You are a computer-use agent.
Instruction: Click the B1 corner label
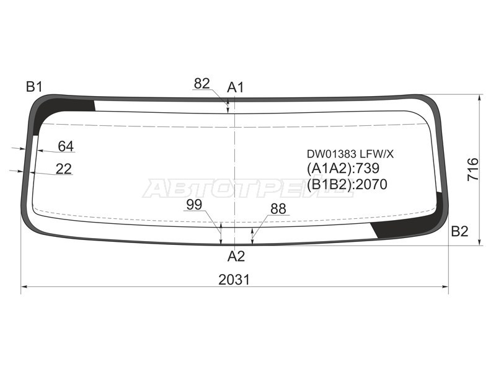[34, 86]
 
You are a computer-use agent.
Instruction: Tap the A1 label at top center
[236, 87]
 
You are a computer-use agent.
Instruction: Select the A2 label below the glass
[236, 256]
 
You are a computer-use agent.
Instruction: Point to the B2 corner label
[459, 231]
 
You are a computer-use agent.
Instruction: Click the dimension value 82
[202, 84]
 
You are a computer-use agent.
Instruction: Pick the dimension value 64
[66, 146]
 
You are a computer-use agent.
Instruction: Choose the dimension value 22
[64, 169]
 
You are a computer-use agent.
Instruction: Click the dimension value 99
[194, 205]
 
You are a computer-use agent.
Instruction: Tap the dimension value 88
[278, 209]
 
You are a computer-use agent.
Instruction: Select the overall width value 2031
[234, 280]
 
